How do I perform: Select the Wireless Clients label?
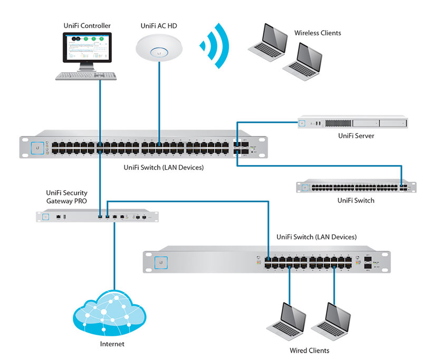317,33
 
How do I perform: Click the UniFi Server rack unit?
352,123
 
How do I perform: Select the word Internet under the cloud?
112,344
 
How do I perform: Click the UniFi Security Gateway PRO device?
97,216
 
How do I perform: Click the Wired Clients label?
310,350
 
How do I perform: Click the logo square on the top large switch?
37,148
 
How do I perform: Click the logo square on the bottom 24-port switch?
160,261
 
